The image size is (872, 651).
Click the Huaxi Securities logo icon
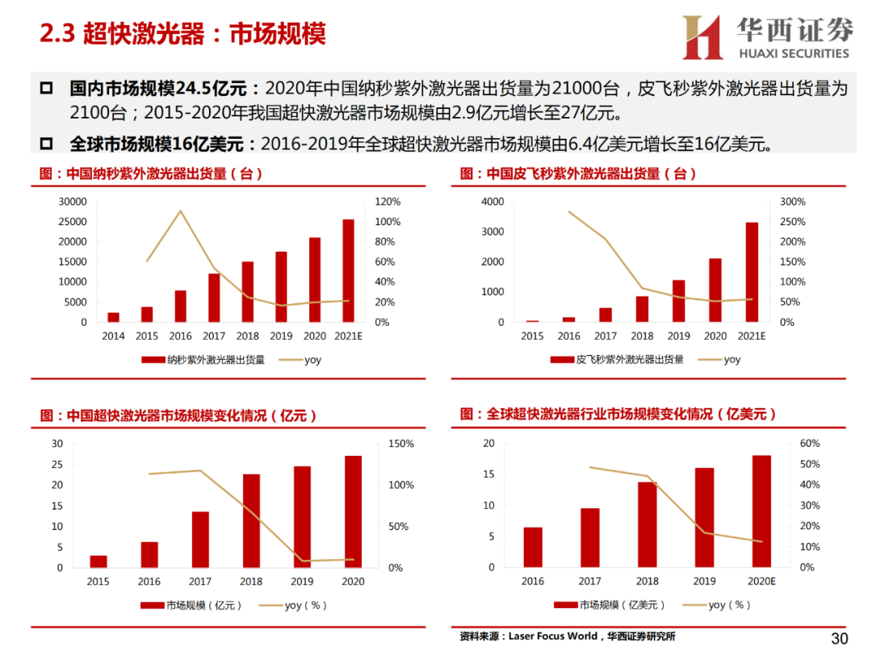click(x=702, y=37)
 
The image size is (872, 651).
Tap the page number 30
click(x=840, y=638)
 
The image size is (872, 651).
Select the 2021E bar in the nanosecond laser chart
click(x=348, y=270)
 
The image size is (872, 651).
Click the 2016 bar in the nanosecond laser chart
click(x=181, y=306)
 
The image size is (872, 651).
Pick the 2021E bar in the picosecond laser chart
click(x=752, y=272)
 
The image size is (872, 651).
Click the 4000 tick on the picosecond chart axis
click(x=493, y=202)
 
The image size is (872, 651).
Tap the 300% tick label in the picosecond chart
click(x=792, y=202)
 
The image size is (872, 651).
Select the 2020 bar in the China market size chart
click(x=354, y=511)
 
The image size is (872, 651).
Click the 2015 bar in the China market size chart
click(x=99, y=561)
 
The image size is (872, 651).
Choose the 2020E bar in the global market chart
click(x=761, y=511)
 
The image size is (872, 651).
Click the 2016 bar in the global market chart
click(x=533, y=547)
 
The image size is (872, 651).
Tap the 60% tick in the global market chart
click(x=809, y=444)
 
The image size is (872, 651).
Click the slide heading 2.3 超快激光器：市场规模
click(x=183, y=34)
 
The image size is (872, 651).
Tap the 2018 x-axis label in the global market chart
click(x=648, y=581)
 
